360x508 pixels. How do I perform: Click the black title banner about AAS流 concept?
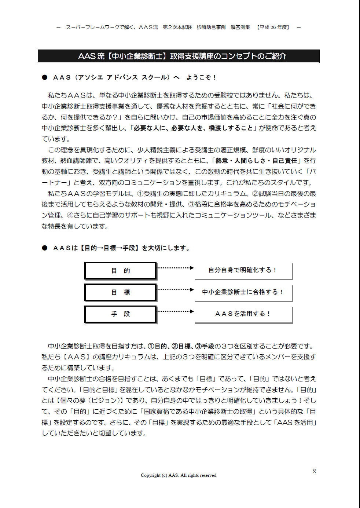click(179, 56)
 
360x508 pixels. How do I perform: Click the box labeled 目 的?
click(121, 271)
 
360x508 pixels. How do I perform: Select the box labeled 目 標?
click(121, 292)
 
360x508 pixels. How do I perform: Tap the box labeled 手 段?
click(121, 314)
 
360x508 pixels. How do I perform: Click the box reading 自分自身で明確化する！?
click(243, 270)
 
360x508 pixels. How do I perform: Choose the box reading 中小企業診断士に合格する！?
click(243, 292)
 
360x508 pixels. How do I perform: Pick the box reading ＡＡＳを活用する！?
click(243, 314)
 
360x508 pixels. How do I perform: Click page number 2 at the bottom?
click(314, 471)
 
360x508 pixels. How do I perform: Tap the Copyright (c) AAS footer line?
click(179, 475)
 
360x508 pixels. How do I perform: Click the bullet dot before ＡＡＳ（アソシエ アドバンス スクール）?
click(45, 77)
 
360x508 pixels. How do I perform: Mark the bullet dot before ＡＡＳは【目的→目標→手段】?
click(45, 248)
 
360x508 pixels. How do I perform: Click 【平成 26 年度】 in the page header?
click(273, 28)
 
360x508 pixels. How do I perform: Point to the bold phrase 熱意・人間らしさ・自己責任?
click(256, 161)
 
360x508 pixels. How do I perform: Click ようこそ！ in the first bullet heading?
click(201, 77)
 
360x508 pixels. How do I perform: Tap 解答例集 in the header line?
click(240, 28)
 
